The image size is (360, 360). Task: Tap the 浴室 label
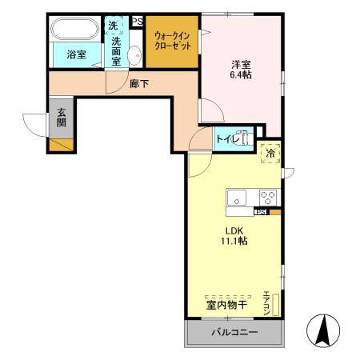[76, 55]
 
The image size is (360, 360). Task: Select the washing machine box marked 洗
[114, 25]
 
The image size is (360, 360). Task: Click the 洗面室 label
[117, 50]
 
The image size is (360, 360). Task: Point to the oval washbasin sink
[134, 54]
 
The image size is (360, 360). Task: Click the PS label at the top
[138, 22]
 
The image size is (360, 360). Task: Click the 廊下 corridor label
[138, 83]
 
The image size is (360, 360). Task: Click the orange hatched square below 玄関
[62, 145]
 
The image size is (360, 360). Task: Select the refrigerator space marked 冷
[270, 153]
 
